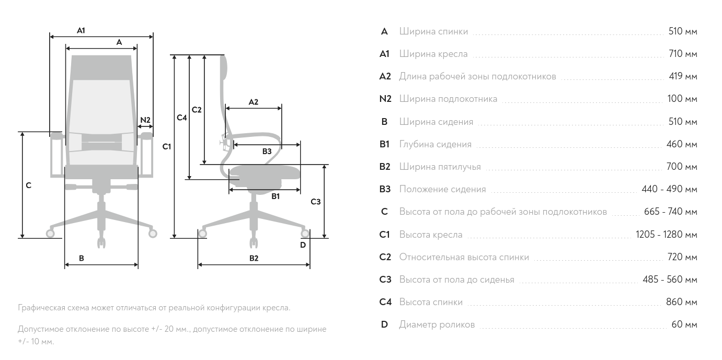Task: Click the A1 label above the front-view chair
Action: coord(81,31)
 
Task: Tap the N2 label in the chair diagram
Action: coord(145,120)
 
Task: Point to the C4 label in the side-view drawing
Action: coord(181,118)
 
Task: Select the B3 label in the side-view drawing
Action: coord(267,152)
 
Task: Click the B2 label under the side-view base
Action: coord(254,258)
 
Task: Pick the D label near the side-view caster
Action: coord(303,245)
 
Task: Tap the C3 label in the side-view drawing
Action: coord(315,202)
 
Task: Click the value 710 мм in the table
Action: coord(682,54)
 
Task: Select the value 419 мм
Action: coord(683,76)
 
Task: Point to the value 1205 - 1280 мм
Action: coord(666,235)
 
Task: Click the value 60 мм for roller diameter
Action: coord(684,325)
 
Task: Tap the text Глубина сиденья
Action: coord(435,144)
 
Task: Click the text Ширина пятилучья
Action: coord(440,167)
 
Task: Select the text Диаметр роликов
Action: coord(437,325)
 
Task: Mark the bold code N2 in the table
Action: coord(385,99)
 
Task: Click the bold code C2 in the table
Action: coord(385,257)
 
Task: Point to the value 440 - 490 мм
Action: coord(669,189)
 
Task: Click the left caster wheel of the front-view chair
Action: coord(51,234)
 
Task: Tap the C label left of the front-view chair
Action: coord(29,185)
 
